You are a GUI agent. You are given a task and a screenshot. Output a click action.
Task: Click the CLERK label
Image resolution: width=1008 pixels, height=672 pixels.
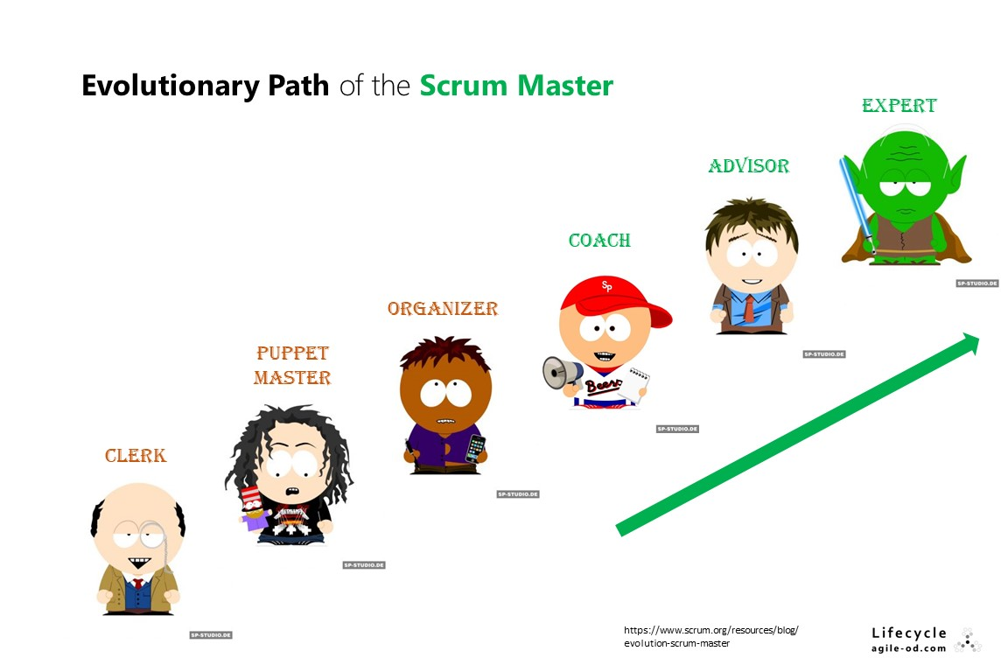click(135, 456)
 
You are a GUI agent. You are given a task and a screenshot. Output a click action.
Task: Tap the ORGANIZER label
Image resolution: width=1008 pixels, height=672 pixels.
click(443, 309)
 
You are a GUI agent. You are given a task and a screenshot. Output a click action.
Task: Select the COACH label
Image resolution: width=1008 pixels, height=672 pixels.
click(599, 241)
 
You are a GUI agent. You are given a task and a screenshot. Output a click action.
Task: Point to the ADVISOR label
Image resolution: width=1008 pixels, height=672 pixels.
click(748, 165)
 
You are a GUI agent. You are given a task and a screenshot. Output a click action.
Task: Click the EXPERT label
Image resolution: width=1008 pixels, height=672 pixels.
click(899, 106)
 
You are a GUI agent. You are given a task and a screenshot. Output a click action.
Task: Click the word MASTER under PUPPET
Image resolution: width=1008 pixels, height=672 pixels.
click(292, 378)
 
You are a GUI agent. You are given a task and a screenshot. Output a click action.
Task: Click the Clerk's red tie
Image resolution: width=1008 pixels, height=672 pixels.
click(137, 584)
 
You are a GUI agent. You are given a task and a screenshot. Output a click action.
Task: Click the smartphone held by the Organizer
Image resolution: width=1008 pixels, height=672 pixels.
click(474, 447)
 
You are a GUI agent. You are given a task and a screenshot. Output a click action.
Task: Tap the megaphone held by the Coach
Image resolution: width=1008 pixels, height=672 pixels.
click(562, 373)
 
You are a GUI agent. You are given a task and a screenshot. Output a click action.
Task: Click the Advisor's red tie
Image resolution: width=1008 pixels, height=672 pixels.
click(750, 308)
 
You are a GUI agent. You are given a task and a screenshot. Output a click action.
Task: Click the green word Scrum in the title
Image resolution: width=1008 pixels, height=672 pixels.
click(464, 86)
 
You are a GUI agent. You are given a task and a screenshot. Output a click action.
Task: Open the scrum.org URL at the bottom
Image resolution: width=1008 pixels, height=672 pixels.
click(710, 636)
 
